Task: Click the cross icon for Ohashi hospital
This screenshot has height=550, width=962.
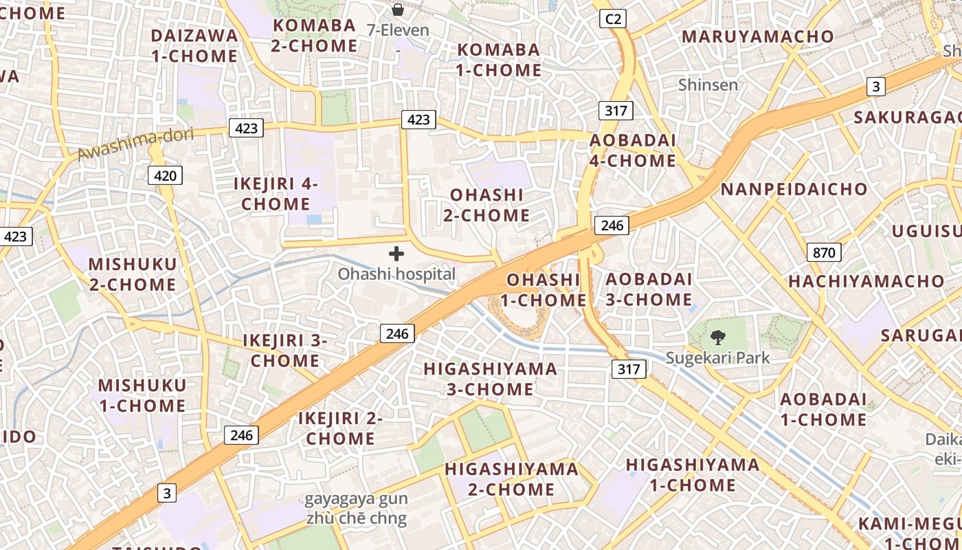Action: tap(396, 254)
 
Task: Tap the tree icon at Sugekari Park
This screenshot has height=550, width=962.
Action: tap(718, 337)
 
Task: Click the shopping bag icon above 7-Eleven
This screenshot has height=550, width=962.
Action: tap(397, 10)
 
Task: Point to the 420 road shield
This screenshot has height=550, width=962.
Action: tap(165, 175)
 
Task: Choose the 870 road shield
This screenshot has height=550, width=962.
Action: tap(823, 252)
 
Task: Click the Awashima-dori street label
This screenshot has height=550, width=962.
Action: tap(135, 143)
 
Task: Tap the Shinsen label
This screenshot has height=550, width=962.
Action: tap(708, 85)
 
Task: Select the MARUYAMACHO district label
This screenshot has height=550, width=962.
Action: tap(757, 36)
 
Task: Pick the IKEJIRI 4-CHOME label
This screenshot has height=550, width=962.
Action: tap(276, 194)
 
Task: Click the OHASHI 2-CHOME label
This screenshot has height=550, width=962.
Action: tap(486, 205)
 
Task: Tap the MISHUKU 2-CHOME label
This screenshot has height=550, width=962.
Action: tap(132, 274)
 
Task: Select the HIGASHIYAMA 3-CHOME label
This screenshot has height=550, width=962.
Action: tap(490, 379)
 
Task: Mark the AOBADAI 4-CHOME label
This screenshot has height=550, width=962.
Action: tap(633, 150)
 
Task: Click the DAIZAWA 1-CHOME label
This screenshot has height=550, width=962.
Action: tap(194, 45)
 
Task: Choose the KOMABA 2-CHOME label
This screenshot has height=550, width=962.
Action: tap(314, 36)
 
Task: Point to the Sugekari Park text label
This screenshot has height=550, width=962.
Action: tap(718, 357)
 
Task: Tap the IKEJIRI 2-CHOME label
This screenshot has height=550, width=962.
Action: tap(340, 428)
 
